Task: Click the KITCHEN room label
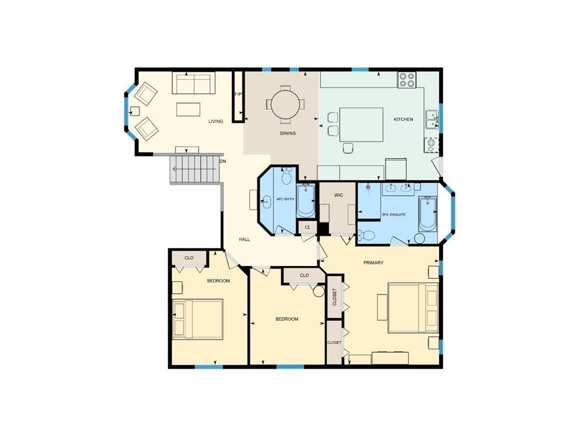(x=403, y=119)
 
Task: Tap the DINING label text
(x=287, y=133)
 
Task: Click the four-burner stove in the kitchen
(x=406, y=80)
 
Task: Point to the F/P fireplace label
(x=237, y=94)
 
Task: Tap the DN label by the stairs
(x=223, y=160)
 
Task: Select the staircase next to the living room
(x=195, y=169)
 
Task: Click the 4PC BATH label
(x=285, y=199)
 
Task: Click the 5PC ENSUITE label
(x=394, y=214)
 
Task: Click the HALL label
(x=244, y=239)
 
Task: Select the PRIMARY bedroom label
(x=373, y=262)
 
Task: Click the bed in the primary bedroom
(x=413, y=307)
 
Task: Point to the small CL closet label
(x=307, y=226)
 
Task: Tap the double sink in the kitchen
(x=432, y=119)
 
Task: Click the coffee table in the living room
(x=188, y=109)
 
